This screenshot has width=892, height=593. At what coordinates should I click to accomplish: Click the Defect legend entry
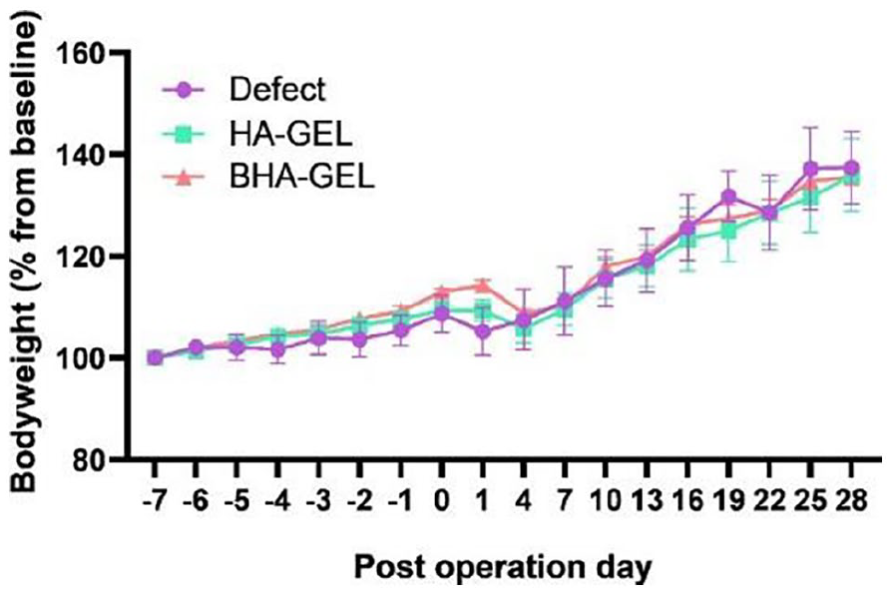(276, 90)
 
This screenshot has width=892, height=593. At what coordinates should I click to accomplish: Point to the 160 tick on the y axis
(93, 52)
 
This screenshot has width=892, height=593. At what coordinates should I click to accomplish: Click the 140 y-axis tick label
(93, 155)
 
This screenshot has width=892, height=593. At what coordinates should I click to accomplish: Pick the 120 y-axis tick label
(93, 257)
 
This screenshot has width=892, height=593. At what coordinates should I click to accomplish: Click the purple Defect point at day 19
(728, 197)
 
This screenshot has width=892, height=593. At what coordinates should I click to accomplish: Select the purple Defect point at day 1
(483, 331)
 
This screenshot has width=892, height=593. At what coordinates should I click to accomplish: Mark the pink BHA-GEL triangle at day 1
(483, 286)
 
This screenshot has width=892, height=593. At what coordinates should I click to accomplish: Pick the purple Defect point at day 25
(810, 169)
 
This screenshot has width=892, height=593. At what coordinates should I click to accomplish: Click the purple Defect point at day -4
(278, 348)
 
